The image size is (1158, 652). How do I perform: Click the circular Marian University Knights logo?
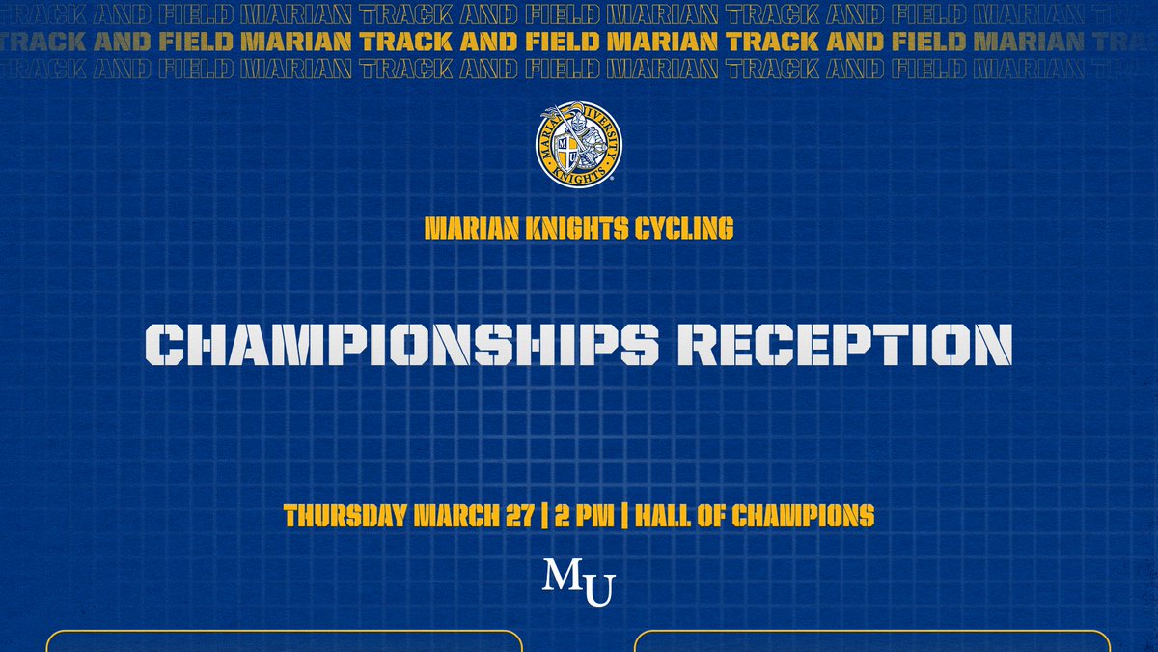coord(579,145)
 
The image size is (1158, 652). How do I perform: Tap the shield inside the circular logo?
coord(571,152)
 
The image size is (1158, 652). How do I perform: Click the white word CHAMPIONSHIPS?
coord(386,345)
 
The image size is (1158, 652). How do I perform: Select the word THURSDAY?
coord(345,516)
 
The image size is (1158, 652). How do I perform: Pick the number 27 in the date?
coord(517,516)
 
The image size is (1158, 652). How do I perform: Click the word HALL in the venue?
coord(666,516)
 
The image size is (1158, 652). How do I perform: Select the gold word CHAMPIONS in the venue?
coord(803,516)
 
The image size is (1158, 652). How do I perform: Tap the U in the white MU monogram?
coord(598,590)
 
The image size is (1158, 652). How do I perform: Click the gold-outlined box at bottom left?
coord(284,641)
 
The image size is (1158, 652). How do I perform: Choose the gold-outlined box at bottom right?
coord(872,641)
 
